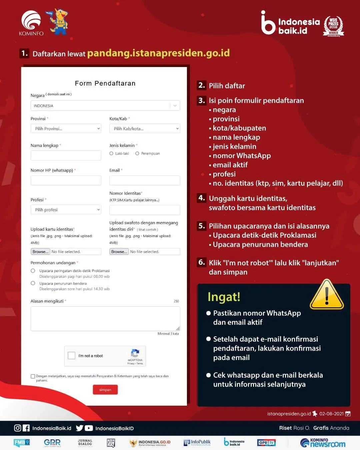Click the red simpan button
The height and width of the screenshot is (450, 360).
(105, 390)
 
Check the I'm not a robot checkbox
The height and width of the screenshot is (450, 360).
(71, 356)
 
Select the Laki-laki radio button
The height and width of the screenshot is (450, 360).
(111, 153)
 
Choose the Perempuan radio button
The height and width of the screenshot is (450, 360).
(137, 153)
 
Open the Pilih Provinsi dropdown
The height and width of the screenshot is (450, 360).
(66, 129)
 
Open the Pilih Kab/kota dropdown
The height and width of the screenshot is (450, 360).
(145, 129)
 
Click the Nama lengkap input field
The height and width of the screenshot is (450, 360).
(66, 155)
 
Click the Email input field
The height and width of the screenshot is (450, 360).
(145, 180)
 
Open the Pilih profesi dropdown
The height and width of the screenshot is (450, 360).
(66, 210)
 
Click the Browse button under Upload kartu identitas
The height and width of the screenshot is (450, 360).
(40, 252)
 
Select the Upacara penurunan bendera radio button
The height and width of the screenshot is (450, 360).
(33, 283)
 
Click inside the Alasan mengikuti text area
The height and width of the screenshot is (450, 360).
(105, 318)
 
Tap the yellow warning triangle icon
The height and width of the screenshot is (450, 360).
(327, 295)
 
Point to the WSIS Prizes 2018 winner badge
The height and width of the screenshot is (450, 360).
(333, 26)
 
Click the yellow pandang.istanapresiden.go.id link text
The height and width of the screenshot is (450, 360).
(158, 53)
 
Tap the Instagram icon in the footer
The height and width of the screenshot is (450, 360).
(18, 428)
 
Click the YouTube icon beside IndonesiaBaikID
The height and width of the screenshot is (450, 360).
(89, 428)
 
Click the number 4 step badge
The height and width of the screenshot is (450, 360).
(202, 198)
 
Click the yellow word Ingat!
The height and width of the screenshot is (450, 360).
(224, 297)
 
